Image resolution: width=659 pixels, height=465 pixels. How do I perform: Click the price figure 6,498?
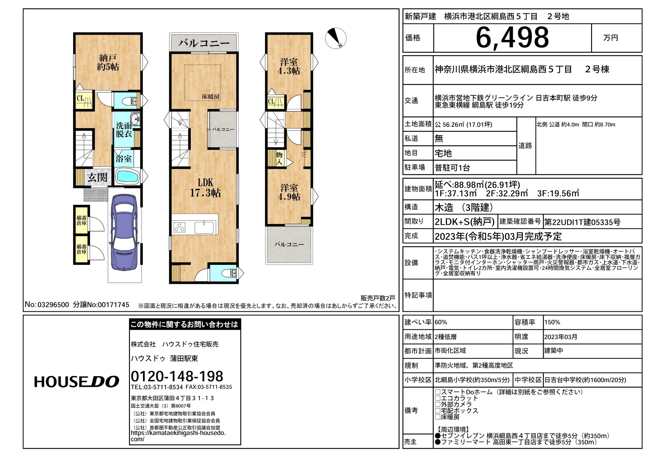[512, 38]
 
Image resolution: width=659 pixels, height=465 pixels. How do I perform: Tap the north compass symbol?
[336, 38]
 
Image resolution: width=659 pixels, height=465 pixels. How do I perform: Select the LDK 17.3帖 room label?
[205, 188]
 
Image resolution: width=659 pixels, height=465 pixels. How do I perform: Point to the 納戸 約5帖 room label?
[108, 62]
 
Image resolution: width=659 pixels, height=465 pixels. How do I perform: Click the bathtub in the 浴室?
[127, 176]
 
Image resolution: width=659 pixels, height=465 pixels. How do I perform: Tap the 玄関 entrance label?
[97, 177]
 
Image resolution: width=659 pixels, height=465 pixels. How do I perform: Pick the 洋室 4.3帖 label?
[289, 66]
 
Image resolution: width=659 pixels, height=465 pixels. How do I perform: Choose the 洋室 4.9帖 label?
[289, 192]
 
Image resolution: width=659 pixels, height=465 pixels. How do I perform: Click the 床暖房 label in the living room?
[210, 97]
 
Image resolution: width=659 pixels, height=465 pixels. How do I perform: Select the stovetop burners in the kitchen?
[179, 228]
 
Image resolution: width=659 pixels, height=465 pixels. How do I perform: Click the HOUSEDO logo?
[76, 382]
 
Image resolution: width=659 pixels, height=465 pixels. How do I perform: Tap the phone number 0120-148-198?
[177, 376]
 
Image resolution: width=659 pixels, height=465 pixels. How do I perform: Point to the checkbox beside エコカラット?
[438, 398]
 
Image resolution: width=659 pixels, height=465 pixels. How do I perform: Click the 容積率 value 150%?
[552, 322]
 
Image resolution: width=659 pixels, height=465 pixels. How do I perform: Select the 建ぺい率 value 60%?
[441, 322]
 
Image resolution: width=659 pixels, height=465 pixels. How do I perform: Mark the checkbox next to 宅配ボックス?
[438, 411]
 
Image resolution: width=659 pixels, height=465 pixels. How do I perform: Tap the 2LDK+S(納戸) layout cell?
[464, 222]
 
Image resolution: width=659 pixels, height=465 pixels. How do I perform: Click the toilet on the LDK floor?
[230, 273]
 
